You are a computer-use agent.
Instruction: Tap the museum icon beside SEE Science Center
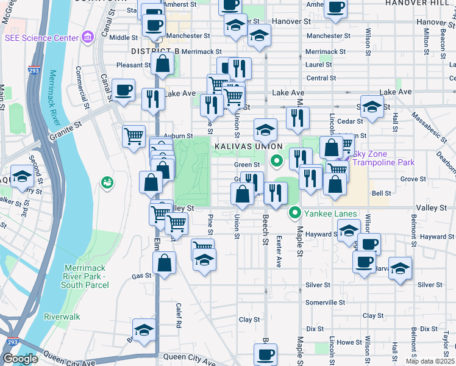[88, 38]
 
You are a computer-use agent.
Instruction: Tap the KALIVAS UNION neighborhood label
[248, 147]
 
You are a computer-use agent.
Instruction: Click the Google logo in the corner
[20, 359]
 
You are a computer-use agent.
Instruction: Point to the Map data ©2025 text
[429, 361]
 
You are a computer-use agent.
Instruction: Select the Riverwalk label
[62, 317]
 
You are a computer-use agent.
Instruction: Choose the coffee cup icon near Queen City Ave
[265, 354]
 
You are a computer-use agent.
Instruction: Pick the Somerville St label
[325, 302]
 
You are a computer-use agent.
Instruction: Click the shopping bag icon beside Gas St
[165, 264]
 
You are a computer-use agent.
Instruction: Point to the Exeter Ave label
[278, 243]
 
